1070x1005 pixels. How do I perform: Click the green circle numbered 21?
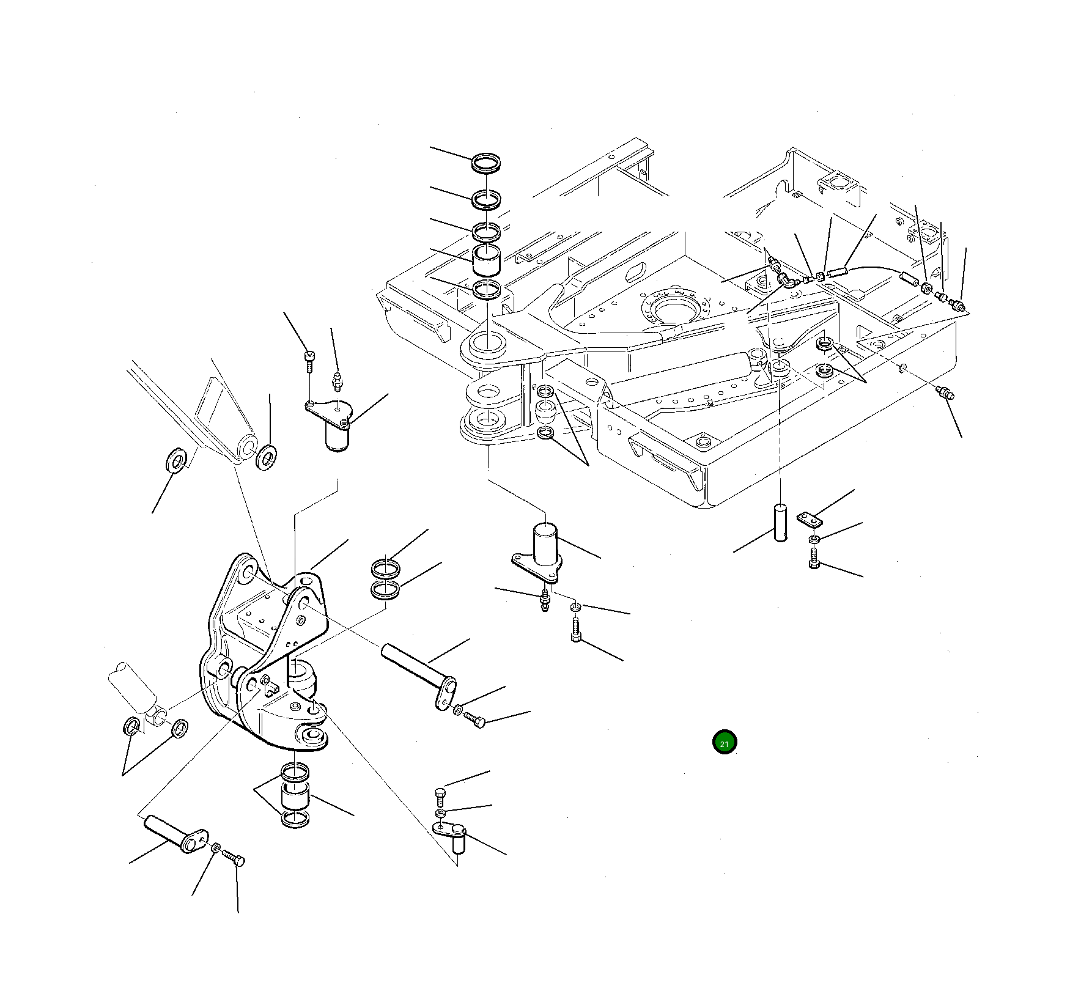[725, 742]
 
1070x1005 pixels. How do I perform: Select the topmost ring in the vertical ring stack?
[487, 163]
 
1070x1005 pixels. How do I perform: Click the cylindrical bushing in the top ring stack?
[487, 261]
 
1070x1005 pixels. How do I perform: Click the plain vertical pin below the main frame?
[781, 522]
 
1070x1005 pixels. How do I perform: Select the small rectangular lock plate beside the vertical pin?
[810, 519]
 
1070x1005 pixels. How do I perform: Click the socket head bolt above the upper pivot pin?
[309, 362]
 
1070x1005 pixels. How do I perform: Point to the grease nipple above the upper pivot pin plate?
[336, 381]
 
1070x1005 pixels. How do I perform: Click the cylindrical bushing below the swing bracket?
[295, 797]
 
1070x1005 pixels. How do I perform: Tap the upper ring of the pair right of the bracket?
[386, 569]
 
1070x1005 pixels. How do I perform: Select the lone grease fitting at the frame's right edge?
[945, 393]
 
